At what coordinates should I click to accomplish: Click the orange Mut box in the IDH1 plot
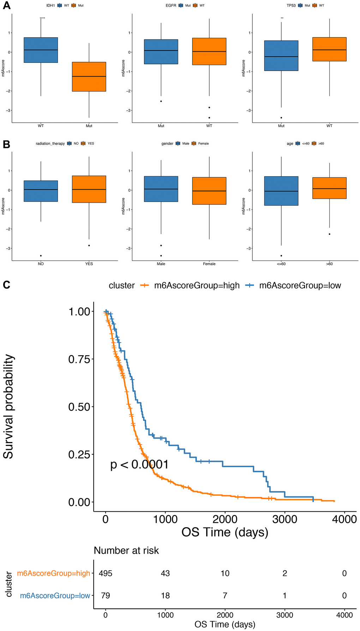pos(89,77)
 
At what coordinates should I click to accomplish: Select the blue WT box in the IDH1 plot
pos(41,50)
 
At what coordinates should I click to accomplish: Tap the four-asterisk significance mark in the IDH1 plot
pos(42,18)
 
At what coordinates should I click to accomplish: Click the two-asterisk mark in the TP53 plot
pos(282,18)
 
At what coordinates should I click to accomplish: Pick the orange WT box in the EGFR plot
pos(209,51)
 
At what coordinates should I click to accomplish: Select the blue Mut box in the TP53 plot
pos(281,55)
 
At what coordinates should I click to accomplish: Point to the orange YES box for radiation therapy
pos(89,189)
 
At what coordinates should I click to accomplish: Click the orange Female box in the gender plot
pos(209,191)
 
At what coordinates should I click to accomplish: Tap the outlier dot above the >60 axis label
pos(330,234)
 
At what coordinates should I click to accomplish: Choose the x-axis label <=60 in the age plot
pos(281,264)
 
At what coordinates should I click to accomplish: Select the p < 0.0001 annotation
pos(139,464)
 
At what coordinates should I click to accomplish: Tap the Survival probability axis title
pos(8,406)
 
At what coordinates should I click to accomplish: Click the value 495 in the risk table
pos(106,573)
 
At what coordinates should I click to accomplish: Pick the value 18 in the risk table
pos(165,596)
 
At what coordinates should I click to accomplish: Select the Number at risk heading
pos(126,550)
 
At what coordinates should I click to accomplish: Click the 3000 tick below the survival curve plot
pos(284,519)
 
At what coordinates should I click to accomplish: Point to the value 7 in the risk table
pos(225,596)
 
